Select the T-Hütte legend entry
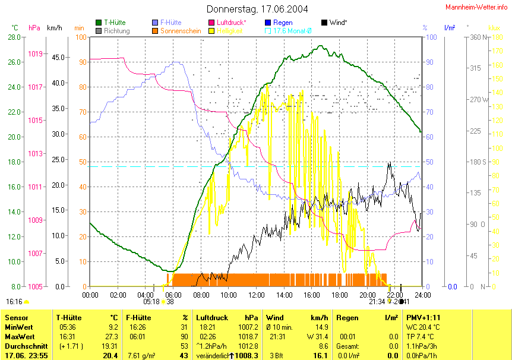(114, 23)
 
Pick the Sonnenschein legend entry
(181, 30)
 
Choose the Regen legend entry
(282, 23)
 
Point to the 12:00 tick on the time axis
(257, 295)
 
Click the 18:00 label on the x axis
(340, 295)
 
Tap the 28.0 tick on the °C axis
(14, 37)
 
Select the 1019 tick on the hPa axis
(35, 54)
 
